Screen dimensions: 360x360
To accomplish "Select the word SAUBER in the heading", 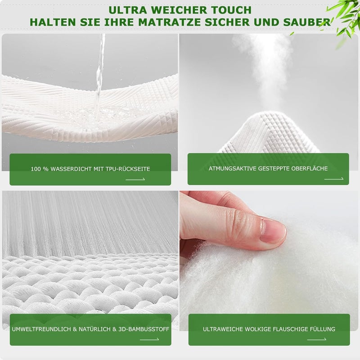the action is point(307,22).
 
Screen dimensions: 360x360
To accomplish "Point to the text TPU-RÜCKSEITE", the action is point(128,169).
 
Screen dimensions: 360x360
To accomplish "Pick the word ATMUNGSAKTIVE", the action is point(232,168).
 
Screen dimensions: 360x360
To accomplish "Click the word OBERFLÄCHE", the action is point(310,168).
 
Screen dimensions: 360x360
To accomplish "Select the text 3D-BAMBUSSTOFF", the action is point(144,329).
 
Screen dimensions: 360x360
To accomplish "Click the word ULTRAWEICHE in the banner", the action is point(223,329).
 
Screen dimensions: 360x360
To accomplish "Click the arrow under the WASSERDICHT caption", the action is point(135,179).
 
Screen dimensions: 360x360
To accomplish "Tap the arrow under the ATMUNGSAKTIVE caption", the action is point(334,179).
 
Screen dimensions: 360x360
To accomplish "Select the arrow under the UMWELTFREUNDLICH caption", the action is point(149,339).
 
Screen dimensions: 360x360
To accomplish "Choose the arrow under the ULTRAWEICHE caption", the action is point(317,339).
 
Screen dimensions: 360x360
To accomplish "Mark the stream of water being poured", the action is point(100,76).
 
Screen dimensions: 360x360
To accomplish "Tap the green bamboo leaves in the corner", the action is point(344,18).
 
